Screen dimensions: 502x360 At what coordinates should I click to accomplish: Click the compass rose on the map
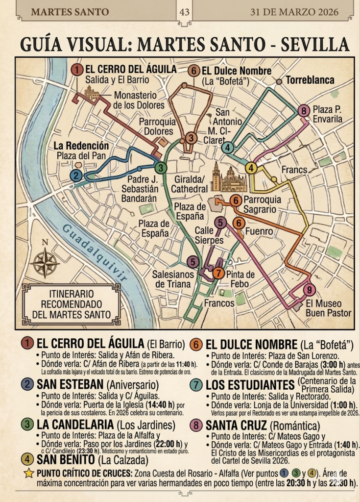tap(45, 262)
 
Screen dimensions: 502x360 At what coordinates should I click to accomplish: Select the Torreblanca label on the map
tap(310, 80)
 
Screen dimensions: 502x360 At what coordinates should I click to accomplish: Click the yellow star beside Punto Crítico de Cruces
tap(29, 473)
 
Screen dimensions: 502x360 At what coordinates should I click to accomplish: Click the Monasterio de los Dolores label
tap(139, 100)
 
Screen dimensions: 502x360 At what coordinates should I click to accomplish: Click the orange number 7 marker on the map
tap(218, 274)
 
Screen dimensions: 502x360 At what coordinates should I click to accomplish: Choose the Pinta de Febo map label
tap(240, 279)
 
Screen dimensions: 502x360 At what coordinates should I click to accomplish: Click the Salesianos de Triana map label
tap(173, 279)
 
